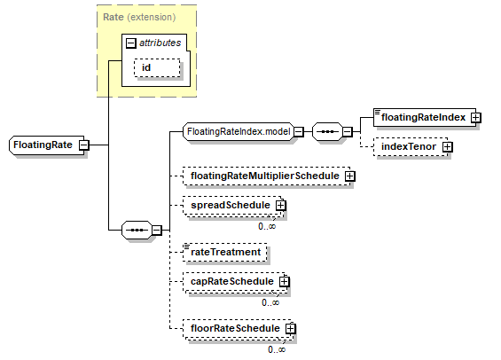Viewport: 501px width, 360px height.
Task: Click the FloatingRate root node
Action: [47, 145]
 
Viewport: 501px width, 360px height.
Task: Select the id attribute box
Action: [157, 67]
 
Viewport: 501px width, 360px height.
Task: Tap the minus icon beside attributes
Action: [130, 43]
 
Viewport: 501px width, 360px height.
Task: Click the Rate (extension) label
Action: [139, 17]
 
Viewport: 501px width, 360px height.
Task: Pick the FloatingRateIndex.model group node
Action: [239, 131]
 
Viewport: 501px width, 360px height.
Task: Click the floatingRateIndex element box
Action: [425, 117]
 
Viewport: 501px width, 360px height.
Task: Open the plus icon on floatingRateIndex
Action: [476, 118]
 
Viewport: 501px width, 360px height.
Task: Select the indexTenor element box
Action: [411, 147]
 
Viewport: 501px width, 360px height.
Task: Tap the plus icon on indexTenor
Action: [447, 147]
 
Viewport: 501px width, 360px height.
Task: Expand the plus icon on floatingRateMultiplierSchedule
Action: [350, 176]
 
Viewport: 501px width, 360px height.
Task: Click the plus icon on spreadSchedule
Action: [280, 206]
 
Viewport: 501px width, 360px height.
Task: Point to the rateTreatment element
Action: [225, 253]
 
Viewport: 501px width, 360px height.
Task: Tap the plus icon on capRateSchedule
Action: [284, 282]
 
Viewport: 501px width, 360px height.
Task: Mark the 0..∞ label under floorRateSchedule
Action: [277, 349]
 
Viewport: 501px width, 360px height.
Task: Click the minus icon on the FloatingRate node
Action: [83, 145]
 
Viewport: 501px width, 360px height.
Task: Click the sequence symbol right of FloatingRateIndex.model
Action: [327, 131]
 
